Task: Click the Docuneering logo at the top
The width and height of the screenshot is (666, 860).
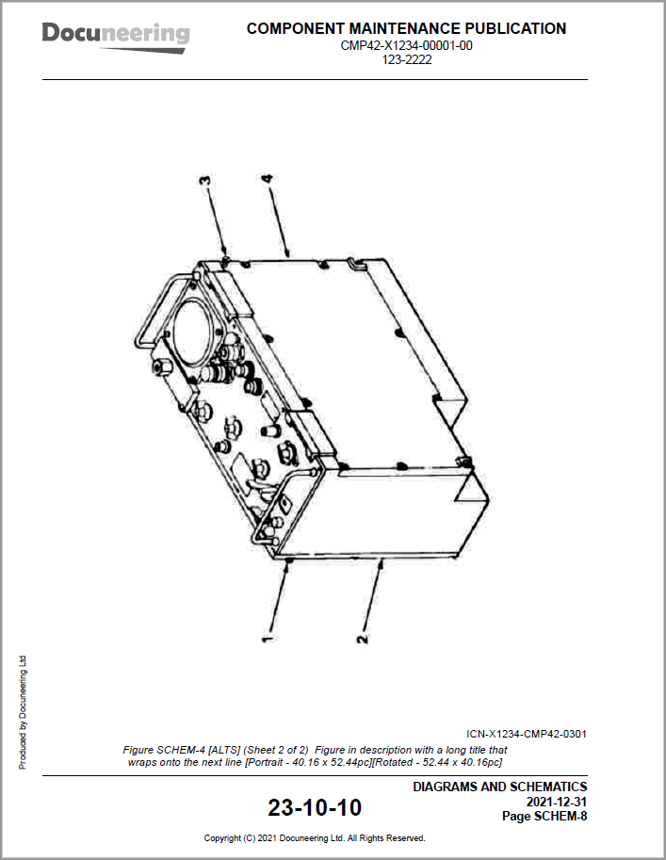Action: (115, 34)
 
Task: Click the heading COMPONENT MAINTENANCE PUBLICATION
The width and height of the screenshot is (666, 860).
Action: (406, 28)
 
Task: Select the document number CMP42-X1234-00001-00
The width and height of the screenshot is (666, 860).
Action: (406, 45)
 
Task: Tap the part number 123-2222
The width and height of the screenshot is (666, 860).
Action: (407, 59)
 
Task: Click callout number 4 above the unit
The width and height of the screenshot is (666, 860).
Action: (267, 180)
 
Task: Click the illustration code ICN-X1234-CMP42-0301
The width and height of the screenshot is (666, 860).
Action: (527, 734)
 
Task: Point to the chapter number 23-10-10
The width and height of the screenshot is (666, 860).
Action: (314, 807)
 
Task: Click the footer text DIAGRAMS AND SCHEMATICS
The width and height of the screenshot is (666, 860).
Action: (499, 787)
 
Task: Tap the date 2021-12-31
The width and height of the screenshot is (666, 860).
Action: (557, 802)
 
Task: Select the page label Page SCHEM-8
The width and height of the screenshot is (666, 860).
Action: (544, 816)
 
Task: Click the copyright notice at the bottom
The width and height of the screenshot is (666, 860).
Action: (315, 837)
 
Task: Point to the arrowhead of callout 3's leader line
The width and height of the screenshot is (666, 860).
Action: (224, 254)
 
